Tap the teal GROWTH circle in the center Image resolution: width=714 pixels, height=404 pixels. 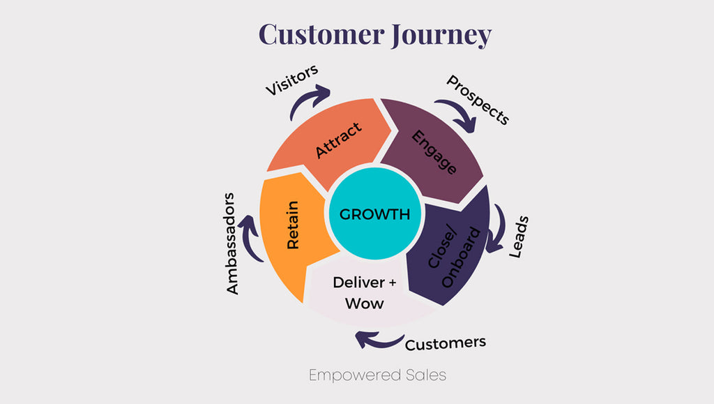[374, 214]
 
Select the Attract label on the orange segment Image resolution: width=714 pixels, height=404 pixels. [339, 140]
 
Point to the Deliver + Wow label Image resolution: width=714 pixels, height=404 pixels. [358, 293]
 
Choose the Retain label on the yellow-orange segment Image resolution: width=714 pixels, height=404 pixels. [294, 225]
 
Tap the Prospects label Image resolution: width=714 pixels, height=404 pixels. [478, 100]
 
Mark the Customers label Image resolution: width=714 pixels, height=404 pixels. [445, 343]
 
